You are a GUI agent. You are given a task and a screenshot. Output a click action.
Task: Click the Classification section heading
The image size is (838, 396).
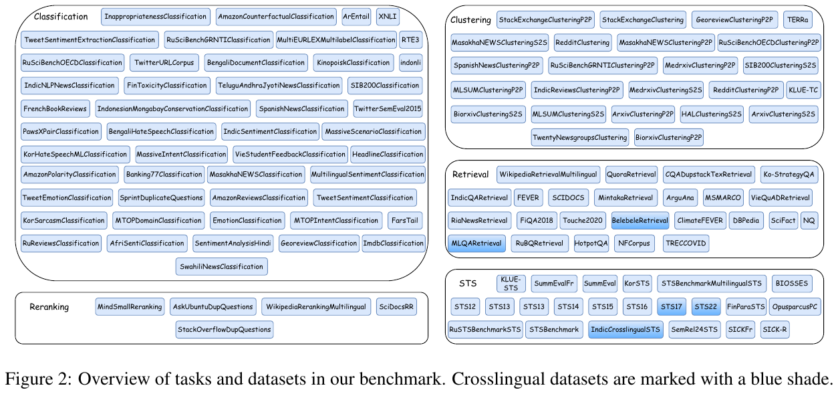[61, 17]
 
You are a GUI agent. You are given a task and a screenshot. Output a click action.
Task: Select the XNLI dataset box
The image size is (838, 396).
[387, 16]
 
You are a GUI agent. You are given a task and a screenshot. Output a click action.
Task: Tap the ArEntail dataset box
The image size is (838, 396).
[356, 16]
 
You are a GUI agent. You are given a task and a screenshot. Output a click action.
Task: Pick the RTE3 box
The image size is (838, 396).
[411, 40]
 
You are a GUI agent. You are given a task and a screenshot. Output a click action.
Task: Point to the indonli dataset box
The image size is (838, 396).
[411, 63]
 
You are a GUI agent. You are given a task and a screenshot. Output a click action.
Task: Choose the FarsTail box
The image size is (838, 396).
[404, 220]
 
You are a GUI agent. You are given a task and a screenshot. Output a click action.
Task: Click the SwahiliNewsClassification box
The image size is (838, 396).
[222, 266]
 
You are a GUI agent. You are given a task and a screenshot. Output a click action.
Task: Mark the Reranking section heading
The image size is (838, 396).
[49, 307]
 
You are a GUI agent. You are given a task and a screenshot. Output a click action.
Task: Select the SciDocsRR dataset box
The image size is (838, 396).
[396, 307]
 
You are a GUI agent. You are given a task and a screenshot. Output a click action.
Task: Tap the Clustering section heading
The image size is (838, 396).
[470, 20]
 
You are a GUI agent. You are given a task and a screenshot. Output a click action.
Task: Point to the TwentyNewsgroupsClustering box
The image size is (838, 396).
[580, 138]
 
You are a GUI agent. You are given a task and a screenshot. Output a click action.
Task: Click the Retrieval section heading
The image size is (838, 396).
[470, 175]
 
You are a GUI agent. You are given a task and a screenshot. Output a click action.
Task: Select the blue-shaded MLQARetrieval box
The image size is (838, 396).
[476, 243]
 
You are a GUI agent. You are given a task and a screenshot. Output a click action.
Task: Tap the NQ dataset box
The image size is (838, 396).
[809, 219]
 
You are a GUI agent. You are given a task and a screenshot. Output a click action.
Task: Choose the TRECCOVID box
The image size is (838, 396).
[686, 243]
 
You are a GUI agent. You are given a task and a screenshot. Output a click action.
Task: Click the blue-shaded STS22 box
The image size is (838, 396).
[705, 307]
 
